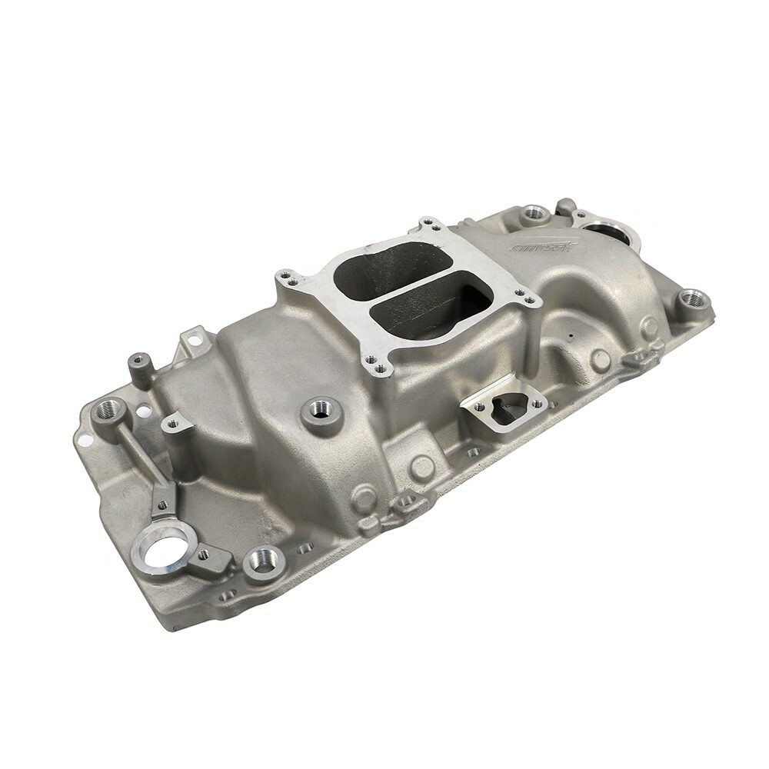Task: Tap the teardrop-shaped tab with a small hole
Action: pyautogui.click(x=173, y=421)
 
